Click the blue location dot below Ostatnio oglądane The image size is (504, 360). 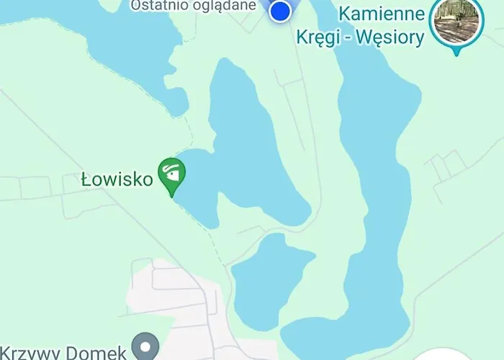pyautogui.click(x=282, y=11)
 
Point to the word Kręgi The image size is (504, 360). pyautogui.click(x=318, y=37)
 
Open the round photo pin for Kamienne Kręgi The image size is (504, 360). pyautogui.click(x=455, y=20)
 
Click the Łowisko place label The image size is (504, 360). pyautogui.click(x=117, y=179)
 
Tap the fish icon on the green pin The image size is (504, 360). pyautogui.click(x=172, y=173)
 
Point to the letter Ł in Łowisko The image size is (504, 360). pyautogui.click(x=86, y=179)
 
